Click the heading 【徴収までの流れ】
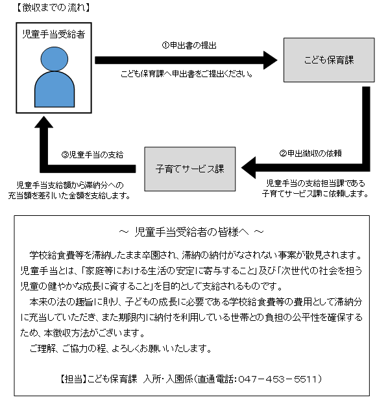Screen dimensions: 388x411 click(x=53, y=8)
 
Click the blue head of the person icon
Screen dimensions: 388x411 click(x=55, y=59)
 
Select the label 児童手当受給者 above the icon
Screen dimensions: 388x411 click(x=54, y=34)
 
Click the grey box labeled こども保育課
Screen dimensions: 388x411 click(x=329, y=60)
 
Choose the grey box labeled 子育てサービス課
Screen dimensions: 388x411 click(x=190, y=169)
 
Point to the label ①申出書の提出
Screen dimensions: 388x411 click(x=189, y=45)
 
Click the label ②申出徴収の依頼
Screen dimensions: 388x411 click(x=310, y=154)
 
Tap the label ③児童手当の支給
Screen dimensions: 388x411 click(x=92, y=155)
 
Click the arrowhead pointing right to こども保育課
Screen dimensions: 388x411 click(x=270, y=60)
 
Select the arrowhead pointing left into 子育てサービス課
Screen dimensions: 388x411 click(x=248, y=168)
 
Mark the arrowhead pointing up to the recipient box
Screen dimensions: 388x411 click(x=44, y=123)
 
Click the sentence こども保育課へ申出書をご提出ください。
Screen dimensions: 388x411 click(x=187, y=74)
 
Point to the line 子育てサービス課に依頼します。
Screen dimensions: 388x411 click(x=315, y=194)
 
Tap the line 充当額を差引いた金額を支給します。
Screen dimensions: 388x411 click(x=69, y=196)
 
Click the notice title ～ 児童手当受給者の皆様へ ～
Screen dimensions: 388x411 click(x=191, y=232)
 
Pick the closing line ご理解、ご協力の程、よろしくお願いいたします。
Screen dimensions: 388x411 click(x=121, y=349)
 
